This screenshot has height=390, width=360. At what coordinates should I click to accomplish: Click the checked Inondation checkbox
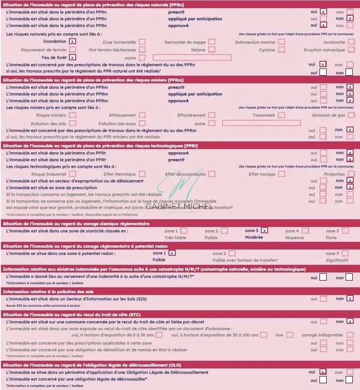coord(73,41)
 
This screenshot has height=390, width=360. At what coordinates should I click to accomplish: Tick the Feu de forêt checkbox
coord(73,57)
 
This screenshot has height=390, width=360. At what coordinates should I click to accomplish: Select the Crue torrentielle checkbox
coord(142,42)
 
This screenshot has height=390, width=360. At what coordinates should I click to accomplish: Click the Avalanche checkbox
coord(351,42)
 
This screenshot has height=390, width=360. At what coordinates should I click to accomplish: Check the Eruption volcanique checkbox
coord(351,50)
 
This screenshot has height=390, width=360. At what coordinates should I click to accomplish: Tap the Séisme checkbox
coord(211,50)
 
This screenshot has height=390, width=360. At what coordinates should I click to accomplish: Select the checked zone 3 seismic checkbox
coord(264,230)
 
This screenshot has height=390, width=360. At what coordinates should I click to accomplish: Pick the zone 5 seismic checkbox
coord(345,231)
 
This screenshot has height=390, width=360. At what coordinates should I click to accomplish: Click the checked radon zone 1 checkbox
coord(172,253)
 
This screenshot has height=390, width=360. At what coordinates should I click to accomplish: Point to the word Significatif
coord(337,260)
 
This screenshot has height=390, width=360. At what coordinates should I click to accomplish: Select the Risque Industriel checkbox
coord(73,174)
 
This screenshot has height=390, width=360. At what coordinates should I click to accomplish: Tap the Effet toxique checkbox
coord(281,174)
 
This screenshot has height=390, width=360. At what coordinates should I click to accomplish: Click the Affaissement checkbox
coord(142,115)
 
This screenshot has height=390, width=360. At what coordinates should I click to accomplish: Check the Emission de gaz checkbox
coord(351,115)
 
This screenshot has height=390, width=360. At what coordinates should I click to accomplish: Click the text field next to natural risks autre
coord(192,58)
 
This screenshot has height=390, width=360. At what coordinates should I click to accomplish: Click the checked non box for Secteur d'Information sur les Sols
coord(350,298)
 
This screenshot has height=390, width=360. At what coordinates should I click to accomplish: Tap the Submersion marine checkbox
coord(281,42)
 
